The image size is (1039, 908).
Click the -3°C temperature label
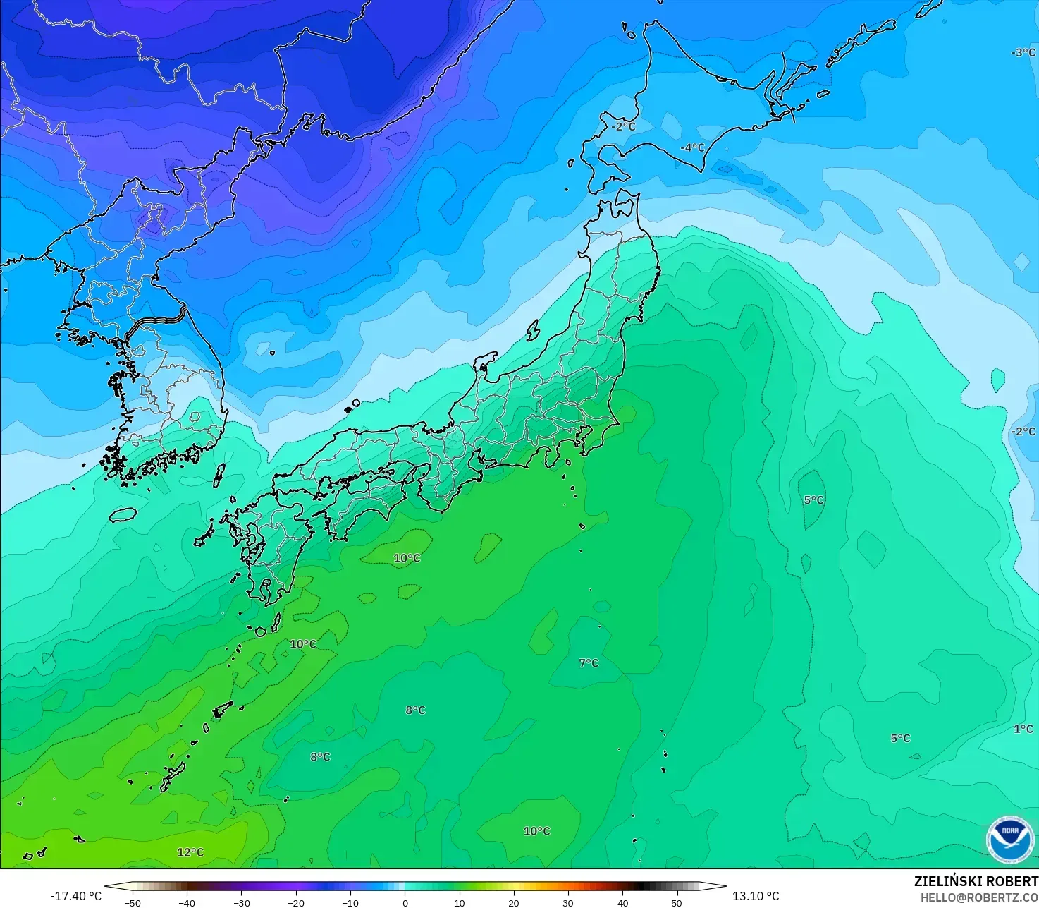[1023, 53]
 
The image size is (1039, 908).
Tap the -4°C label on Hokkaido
[692, 147]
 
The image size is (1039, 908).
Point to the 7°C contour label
[589, 663]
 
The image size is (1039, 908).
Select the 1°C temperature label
[1023, 729]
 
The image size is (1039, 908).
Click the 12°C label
[190, 852]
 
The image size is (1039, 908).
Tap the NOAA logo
[1009, 840]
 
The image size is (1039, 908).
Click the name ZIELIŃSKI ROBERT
[976, 882]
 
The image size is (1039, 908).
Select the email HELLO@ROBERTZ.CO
[979, 897]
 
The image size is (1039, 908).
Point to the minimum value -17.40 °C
[75, 896]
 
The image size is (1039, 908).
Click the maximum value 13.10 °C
[756, 896]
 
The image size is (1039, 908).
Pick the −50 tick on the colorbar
[133, 902]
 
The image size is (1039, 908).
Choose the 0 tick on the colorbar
[405, 902]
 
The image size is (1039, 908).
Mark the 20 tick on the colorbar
[513, 902]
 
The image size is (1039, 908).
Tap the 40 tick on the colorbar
[622, 902]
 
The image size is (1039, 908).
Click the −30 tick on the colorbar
[241, 902]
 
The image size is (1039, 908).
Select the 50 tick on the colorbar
[677, 902]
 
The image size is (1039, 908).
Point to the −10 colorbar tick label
[350, 902]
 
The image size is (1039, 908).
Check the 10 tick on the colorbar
[459, 902]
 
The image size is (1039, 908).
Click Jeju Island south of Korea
[123, 514]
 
